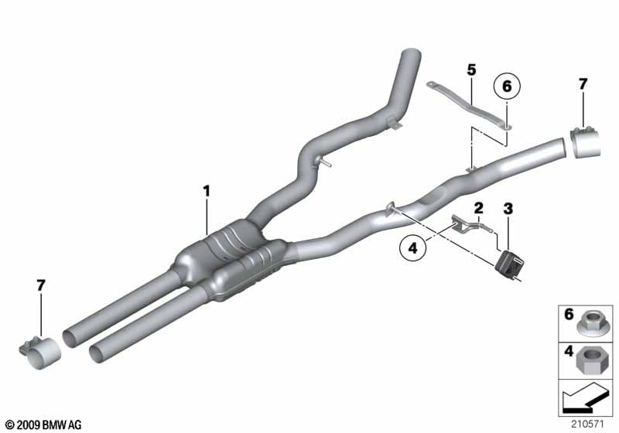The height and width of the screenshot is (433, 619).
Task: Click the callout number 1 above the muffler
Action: (206, 191)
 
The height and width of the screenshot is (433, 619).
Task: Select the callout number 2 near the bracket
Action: (478, 207)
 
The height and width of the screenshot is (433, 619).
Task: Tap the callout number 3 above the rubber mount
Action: (508, 209)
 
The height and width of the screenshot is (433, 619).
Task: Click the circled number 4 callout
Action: (413, 248)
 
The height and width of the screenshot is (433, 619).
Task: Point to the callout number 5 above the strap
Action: (471, 70)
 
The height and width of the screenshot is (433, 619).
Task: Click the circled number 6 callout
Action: (507, 86)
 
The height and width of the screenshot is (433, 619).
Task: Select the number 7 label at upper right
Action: (583, 84)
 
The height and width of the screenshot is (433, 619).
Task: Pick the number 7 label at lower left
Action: (41, 285)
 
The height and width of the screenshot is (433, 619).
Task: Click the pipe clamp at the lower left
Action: (40, 352)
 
